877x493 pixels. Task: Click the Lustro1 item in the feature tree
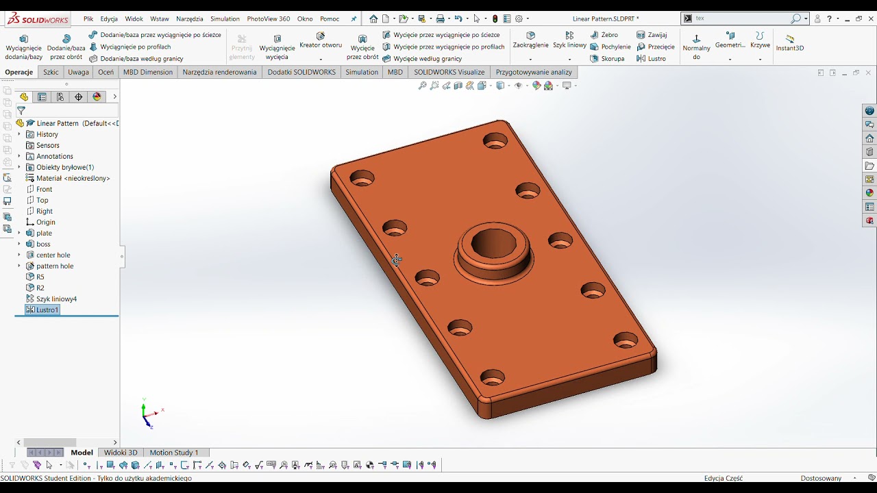(47, 310)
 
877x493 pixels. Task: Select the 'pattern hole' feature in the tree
(54, 266)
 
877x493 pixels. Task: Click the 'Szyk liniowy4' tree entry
(56, 299)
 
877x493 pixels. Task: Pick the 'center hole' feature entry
(53, 255)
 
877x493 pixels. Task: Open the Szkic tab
(51, 72)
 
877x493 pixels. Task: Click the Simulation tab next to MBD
(362, 72)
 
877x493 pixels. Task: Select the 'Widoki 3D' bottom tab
(121, 453)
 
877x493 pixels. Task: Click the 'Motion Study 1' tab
(174, 453)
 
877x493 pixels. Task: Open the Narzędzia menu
(189, 19)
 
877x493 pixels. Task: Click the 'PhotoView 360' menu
(268, 19)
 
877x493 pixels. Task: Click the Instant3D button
(790, 42)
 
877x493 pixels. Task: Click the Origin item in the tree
(45, 223)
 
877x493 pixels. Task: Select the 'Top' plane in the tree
(42, 201)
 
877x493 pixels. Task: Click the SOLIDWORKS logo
(38, 19)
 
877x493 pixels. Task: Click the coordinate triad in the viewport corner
(147, 414)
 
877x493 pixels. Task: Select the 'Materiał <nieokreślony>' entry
(73, 179)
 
